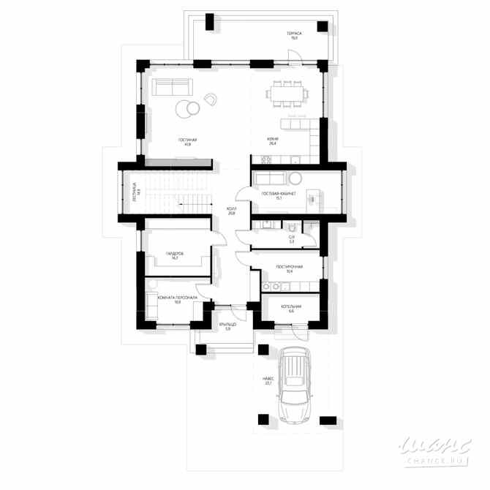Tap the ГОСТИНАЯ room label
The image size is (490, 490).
tap(188, 141)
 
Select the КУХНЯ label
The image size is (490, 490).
tap(274, 141)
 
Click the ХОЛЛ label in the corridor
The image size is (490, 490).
tap(231, 210)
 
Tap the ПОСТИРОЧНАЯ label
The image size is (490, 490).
tap(289, 268)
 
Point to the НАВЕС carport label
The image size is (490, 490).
tap(268, 381)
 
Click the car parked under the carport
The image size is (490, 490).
tap(295, 387)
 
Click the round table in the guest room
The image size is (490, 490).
tap(294, 180)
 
